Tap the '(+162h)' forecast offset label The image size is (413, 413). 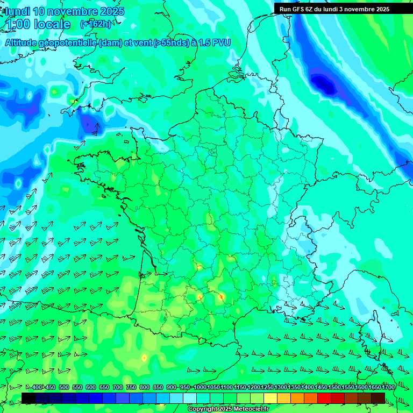click(96, 24)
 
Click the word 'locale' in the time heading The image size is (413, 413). click(52, 24)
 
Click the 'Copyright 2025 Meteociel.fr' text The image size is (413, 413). click(228, 409)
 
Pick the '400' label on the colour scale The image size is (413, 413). click(37, 387)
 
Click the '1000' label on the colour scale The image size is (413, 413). click(200, 387)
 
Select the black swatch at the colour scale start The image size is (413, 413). click(29, 397)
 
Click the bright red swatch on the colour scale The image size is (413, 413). click(324, 397)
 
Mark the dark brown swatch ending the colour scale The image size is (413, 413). click(378, 397)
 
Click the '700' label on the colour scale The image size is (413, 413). click(118, 387)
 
